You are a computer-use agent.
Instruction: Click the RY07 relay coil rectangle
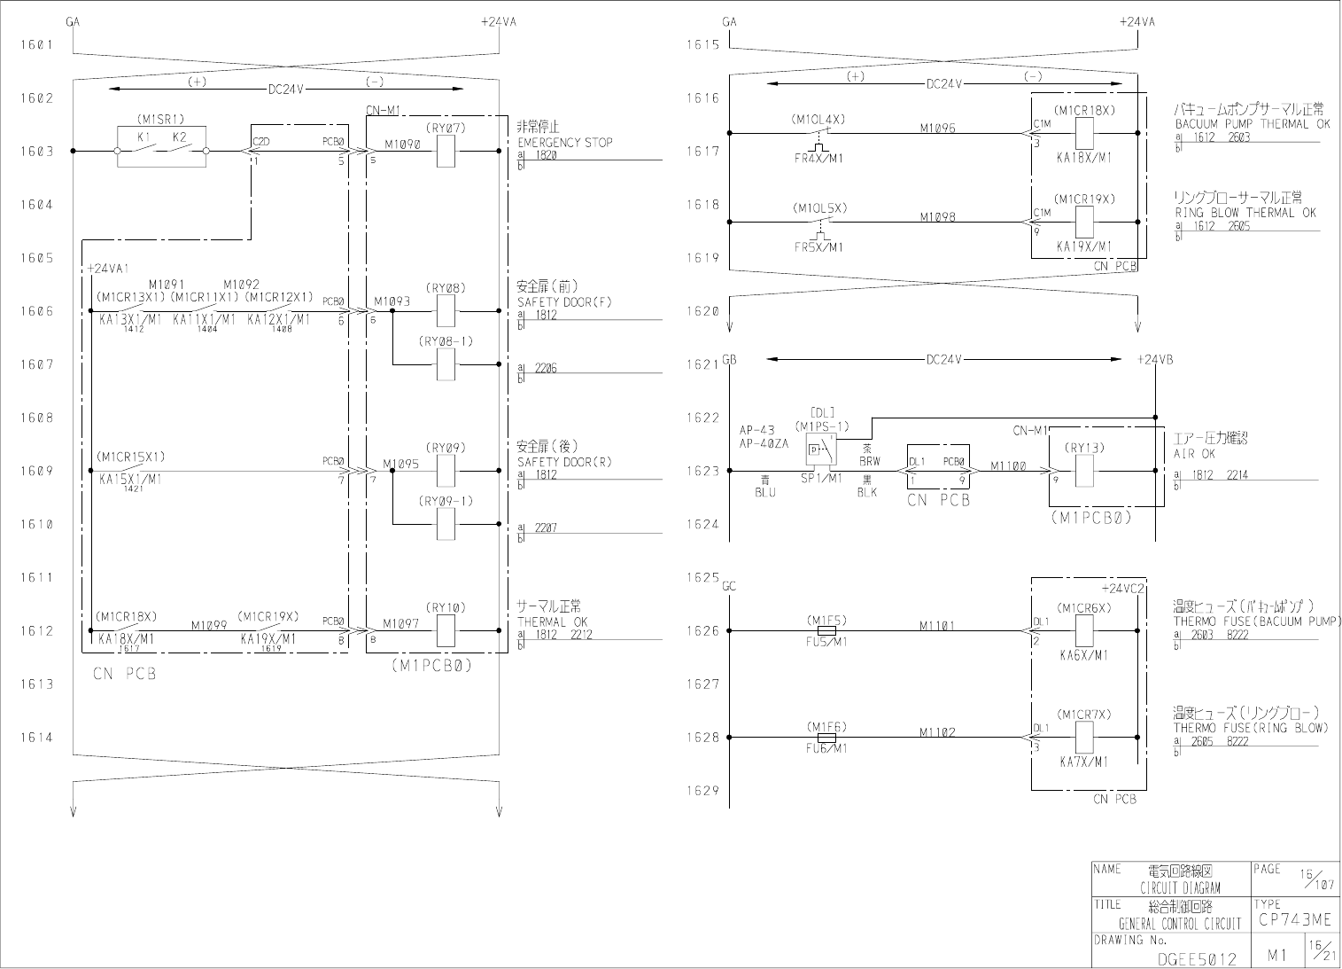point(446,152)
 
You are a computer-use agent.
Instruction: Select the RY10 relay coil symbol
point(446,630)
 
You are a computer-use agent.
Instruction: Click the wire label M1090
point(402,144)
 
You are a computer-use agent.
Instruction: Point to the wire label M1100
point(1008,465)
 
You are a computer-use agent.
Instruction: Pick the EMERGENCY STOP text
point(564,142)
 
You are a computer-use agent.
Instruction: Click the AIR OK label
point(1195,453)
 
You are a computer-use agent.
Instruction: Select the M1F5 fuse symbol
point(826,630)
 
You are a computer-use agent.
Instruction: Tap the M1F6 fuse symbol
point(826,737)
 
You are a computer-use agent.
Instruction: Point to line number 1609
point(36,471)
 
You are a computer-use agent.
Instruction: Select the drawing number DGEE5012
point(1198,958)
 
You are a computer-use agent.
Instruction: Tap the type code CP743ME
point(1293,921)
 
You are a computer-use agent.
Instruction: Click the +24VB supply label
point(1155,359)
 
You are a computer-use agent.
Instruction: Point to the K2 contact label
point(180,137)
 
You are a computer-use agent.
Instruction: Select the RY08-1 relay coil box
point(446,364)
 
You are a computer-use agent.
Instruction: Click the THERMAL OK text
point(552,621)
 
